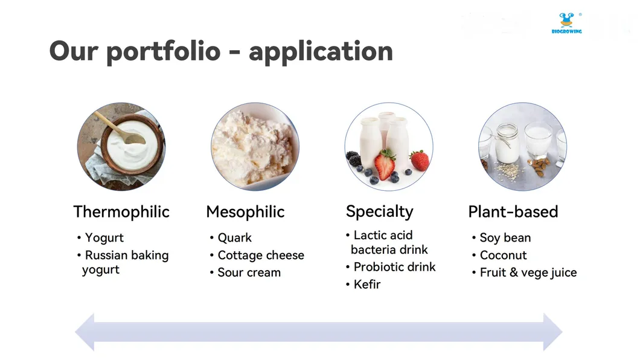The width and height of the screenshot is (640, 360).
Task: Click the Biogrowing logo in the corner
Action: tap(566, 23)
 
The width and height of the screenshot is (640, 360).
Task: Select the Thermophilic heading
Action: tap(121, 212)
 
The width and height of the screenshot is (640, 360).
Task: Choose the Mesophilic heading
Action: tap(245, 212)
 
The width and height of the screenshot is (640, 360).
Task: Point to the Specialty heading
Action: tap(379, 212)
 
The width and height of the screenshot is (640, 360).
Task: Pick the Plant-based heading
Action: tap(513, 212)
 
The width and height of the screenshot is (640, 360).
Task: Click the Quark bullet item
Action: tap(234, 238)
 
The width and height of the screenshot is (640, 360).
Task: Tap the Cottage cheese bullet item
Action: tap(260, 256)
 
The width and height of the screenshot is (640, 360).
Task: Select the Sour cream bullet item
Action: tap(249, 273)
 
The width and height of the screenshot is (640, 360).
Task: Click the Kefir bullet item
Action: tap(366, 284)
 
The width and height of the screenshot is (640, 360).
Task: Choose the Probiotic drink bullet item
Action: tap(394, 267)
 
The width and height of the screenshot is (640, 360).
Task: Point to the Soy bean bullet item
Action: tap(505, 238)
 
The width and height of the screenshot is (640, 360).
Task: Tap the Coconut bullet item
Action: tap(503, 256)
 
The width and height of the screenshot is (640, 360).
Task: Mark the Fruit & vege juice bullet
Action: tap(528, 273)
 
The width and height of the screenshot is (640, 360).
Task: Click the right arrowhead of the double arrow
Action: tap(552, 332)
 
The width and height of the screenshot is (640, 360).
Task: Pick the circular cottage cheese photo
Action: tap(255, 146)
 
